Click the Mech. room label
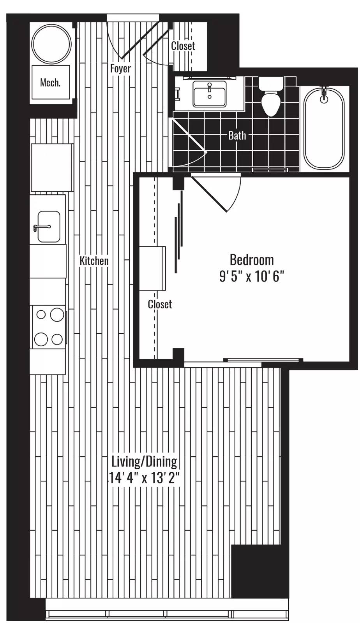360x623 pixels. coord(50,83)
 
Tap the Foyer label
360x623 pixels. coord(120,69)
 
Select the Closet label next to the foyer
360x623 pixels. coord(183,46)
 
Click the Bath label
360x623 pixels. coord(237,136)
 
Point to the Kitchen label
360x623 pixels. coord(94,260)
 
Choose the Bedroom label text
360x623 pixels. coord(252,260)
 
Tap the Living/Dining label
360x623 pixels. coord(144,461)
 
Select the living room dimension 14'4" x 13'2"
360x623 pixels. coord(144,478)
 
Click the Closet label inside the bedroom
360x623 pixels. coord(160,304)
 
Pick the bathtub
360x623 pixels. coord(324,128)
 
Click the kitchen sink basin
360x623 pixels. coord(49,227)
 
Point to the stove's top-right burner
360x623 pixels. coord(57,314)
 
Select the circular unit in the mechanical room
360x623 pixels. coord(51,44)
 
